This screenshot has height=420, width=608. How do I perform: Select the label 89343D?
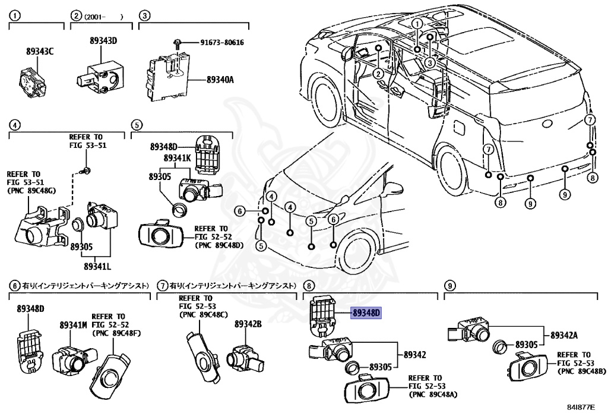click(x=103, y=41)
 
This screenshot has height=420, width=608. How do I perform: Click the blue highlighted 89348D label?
click(x=366, y=313)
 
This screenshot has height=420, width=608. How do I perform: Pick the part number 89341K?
click(x=178, y=158)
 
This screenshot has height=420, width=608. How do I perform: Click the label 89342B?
click(x=248, y=324)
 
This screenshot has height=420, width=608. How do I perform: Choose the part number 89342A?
click(x=563, y=335)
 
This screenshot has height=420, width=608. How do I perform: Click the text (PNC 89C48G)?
click(x=31, y=191)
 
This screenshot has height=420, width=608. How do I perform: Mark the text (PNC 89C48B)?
click(x=581, y=371)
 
